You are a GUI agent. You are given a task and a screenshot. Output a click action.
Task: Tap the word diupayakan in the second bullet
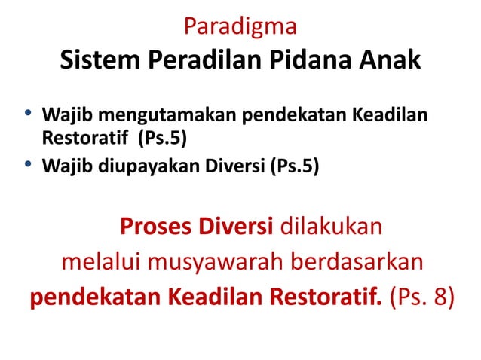[139, 166]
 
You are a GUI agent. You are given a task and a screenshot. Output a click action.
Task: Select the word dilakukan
[332, 226]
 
